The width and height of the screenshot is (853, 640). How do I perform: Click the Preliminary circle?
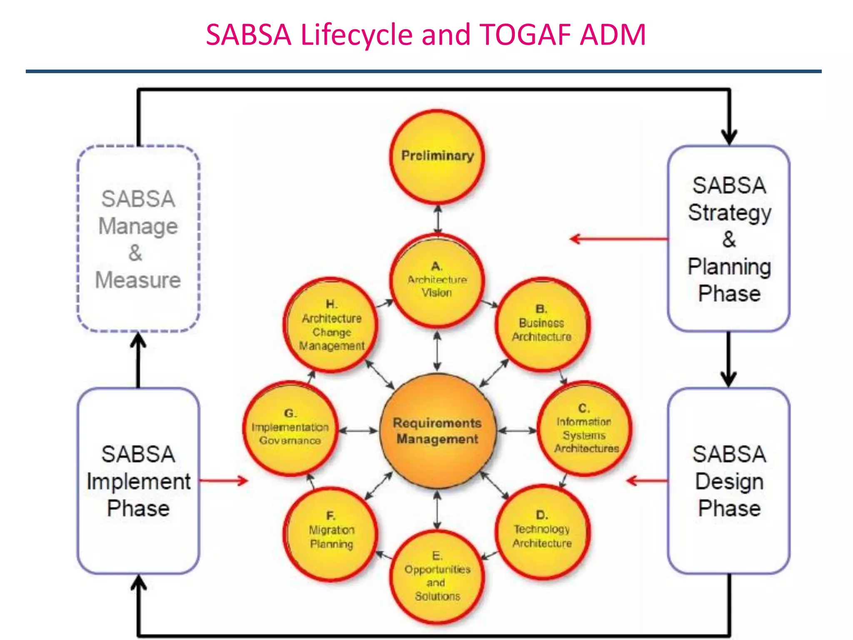pos(437,157)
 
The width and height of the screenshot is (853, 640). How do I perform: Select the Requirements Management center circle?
pos(437,430)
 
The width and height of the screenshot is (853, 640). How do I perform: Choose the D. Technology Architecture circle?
pos(541,532)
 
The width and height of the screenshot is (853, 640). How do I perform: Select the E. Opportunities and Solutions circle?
pos(437,577)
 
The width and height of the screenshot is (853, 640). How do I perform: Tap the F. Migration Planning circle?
pos(331,533)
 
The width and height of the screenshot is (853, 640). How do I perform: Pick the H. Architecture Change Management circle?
pos(331,325)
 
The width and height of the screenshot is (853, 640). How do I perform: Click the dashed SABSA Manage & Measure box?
pos(138,239)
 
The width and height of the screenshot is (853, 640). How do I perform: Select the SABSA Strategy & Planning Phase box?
pos(728,239)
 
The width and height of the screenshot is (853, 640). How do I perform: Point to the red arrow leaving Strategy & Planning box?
pos(619,239)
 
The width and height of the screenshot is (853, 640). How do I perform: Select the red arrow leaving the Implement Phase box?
pos(224,481)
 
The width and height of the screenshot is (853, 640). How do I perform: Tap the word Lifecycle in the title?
pos(357,34)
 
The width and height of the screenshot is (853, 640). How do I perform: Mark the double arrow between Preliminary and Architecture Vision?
pos(437,220)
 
